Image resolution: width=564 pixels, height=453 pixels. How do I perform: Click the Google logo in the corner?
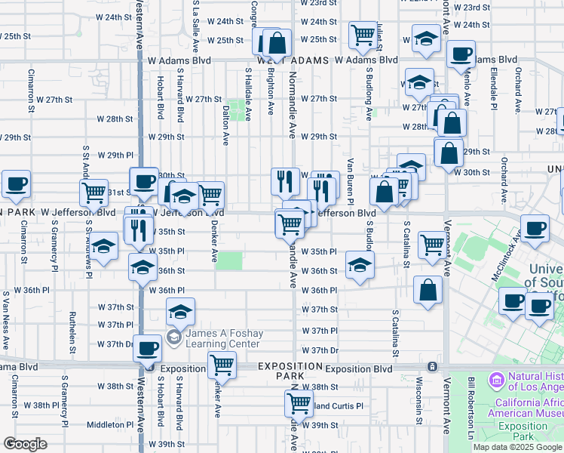point(26,444)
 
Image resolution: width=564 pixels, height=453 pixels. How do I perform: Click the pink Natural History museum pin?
point(497,377)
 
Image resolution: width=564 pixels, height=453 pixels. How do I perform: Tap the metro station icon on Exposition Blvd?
point(432,367)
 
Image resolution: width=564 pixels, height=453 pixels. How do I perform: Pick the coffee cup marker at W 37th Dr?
point(148,348)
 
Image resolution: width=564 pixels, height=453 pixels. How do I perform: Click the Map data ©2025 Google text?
point(517,447)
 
